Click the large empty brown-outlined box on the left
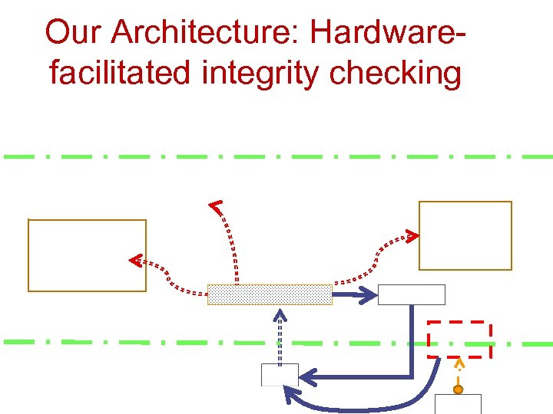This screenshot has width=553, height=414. (x=87, y=255)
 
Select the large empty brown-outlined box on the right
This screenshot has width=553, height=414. (x=465, y=235)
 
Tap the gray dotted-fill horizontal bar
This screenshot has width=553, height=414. (x=270, y=294)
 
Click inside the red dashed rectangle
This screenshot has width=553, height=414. (x=459, y=339)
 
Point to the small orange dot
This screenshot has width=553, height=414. (x=458, y=389)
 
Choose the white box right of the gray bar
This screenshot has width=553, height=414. (x=411, y=294)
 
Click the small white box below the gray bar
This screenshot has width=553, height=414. (x=280, y=375)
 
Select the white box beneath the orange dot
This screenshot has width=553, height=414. (x=458, y=404)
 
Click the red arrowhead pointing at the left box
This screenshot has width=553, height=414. (x=134, y=261)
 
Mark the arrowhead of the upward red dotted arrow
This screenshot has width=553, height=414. (x=217, y=205)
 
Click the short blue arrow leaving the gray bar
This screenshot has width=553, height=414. (x=354, y=294)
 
